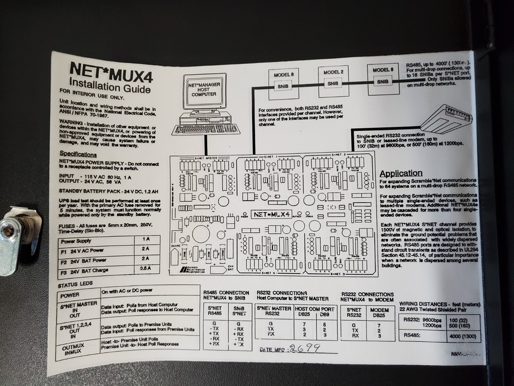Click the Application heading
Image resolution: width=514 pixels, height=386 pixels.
(x=401, y=173)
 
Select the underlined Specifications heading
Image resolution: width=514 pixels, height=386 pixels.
(x=78, y=154)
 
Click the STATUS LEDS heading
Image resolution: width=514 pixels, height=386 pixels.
(x=76, y=284)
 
